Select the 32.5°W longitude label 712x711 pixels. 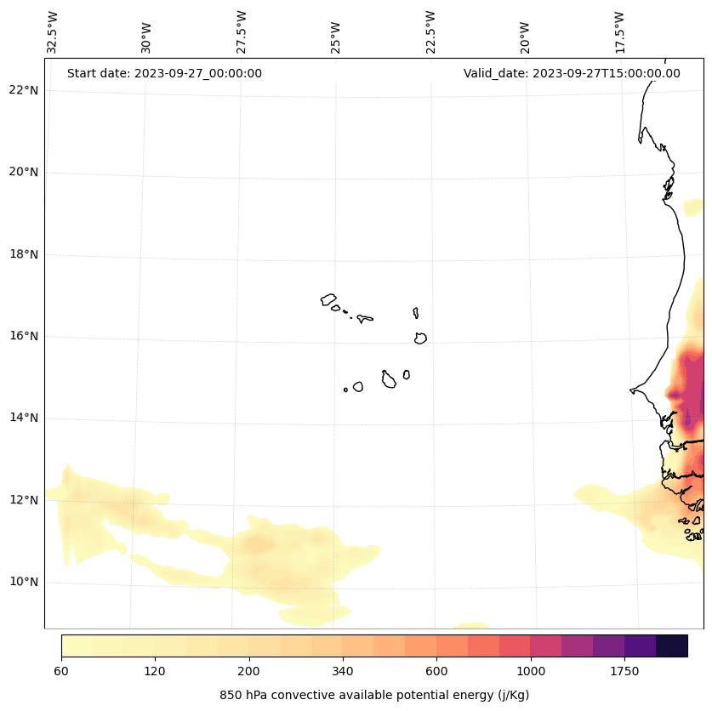pyautogui.click(x=53, y=32)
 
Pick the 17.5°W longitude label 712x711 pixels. pyautogui.click(x=620, y=32)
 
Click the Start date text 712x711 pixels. pyautogui.click(x=164, y=73)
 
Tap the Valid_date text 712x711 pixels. pyautogui.click(x=572, y=73)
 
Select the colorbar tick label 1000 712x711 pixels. pyautogui.click(x=531, y=672)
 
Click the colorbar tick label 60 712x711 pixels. pyautogui.click(x=61, y=672)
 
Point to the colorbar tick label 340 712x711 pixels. pyautogui.click(x=343, y=672)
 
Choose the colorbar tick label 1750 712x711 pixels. pyautogui.click(x=624, y=672)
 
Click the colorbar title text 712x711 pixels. pyautogui.click(x=374, y=695)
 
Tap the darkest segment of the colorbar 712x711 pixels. pyautogui.click(x=671, y=646)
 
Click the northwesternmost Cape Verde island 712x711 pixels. pyautogui.click(x=328, y=299)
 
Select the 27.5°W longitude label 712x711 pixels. pyautogui.click(x=242, y=32)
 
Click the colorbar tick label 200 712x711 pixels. pyautogui.click(x=248, y=672)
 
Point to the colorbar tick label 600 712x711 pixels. pyautogui.click(x=436, y=672)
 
